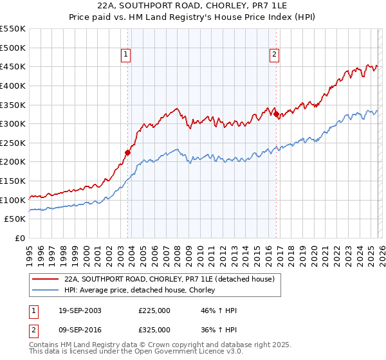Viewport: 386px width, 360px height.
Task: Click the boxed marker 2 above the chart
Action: click(274, 55)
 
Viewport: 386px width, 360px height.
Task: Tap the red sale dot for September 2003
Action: click(127, 152)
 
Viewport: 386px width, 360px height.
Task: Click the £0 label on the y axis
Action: click(20, 239)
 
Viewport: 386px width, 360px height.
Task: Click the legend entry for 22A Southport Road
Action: click(169, 279)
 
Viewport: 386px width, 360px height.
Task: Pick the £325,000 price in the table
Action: click(154, 330)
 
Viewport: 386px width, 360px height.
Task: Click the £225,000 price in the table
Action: click(154, 311)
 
